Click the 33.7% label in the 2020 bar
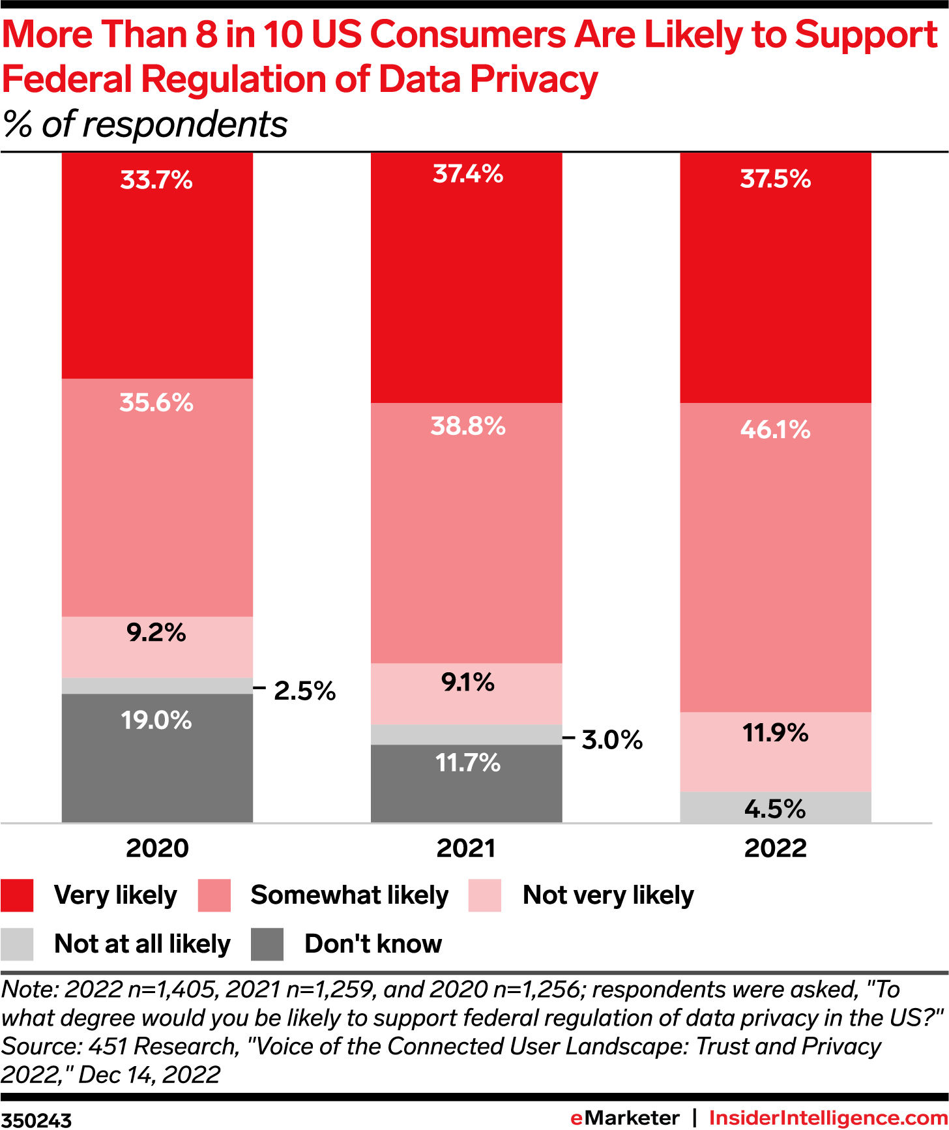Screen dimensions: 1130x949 click(x=156, y=180)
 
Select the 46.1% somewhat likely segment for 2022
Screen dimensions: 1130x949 click(x=776, y=558)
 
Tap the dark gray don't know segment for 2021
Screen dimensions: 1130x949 click(x=466, y=783)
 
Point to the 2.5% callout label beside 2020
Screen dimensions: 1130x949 click(x=304, y=691)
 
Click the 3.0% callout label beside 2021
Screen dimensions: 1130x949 click(x=612, y=740)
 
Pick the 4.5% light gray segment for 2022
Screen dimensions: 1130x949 click(x=776, y=808)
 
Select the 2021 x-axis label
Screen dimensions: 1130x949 click(x=466, y=848)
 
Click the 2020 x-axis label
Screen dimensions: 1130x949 click(x=157, y=848)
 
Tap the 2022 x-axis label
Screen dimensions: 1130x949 click(x=776, y=848)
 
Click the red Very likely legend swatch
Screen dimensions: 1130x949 click(x=17, y=895)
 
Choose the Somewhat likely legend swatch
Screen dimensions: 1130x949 click(x=214, y=895)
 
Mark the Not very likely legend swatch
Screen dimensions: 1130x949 click(x=485, y=895)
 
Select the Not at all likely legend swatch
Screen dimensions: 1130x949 click(x=17, y=944)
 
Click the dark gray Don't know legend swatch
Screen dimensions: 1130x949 click(x=267, y=944)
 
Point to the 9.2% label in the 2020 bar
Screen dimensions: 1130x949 click(x=156, y=632)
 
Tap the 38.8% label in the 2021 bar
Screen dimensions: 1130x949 click(x=468, y=426)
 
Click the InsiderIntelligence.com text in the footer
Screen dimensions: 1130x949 click(x=828, y=1118)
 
